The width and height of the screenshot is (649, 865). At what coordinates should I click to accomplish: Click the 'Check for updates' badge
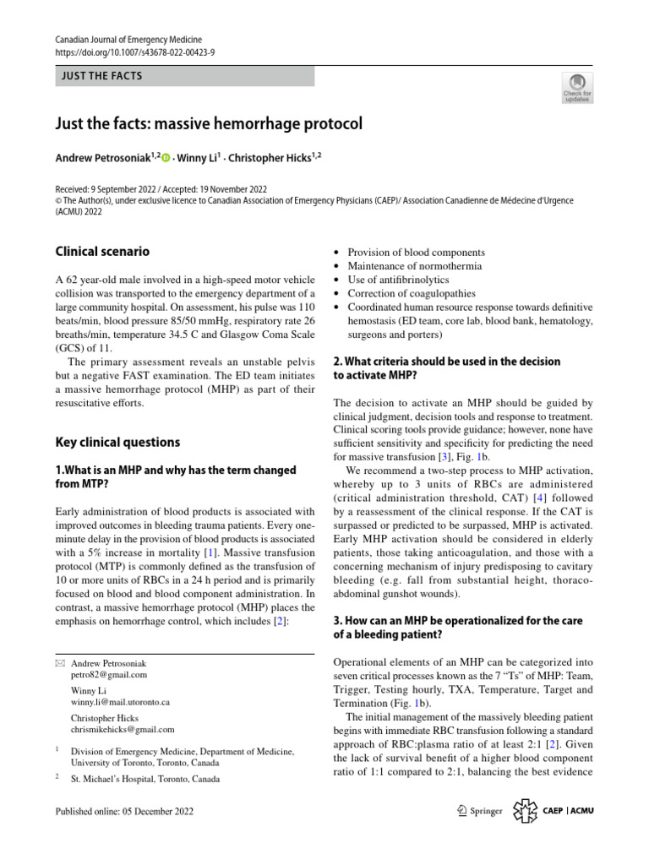coord(577,88)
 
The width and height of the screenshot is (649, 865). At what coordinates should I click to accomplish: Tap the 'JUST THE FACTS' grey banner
coord(184,76)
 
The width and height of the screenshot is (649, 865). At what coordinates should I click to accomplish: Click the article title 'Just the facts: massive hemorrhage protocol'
coord(208,124)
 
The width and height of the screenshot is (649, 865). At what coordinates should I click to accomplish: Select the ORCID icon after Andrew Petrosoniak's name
coord(165,157)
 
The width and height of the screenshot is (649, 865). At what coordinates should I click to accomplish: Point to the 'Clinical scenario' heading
coord(102,251)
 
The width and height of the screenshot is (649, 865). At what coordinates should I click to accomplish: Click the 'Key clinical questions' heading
coord(117,442)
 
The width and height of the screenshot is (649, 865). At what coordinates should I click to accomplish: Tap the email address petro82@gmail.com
coord(109,675)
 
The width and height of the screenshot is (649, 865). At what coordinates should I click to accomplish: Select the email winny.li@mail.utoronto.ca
coord(121,702)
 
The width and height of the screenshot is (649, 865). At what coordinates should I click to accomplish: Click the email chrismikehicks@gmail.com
coord(123,729)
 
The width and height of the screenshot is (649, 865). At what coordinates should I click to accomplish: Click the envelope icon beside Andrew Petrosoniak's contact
coord(59,663)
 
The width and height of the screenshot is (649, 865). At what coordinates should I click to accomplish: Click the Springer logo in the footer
coord(478,812)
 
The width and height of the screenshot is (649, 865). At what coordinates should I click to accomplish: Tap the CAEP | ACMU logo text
coord(570,812)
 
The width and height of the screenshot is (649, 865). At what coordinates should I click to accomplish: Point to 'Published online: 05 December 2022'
coord(123,812)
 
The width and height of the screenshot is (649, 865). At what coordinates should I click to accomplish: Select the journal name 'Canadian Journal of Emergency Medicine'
coord(128,39)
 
